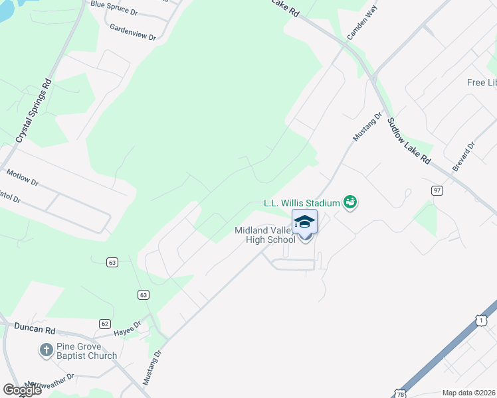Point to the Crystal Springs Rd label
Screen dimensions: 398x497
pyautogui.click(x=34, y=111)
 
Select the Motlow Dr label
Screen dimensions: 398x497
pyautogui.click(x=23, y=177)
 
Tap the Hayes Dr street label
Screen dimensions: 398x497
pyautogui.click(x=127, y=326)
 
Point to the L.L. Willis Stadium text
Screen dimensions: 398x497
pyautogui.click(x=302, y=202)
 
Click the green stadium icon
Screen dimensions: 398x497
pyautogui.click(x=350, y=202)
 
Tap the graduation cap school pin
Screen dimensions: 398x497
pyautogui.click(x=304, y=222)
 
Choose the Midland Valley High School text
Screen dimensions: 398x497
pyautogui.click(x=264, y=235)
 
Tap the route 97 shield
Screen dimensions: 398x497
pyautogui.click(x=437, y=190)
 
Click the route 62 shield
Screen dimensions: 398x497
pyautogui.click(x=105, y=323)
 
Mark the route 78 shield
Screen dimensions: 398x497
pyautogui.click(x=400, y=393)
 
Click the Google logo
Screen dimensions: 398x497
pyautogui.click(x=21, y=389)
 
